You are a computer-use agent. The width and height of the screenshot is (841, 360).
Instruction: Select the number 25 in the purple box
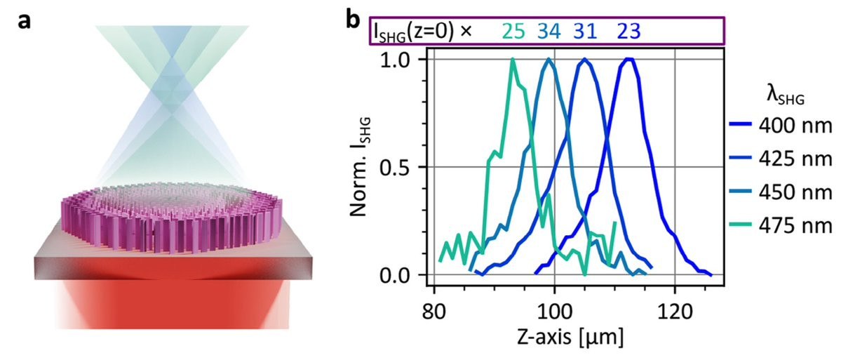click(514, 32)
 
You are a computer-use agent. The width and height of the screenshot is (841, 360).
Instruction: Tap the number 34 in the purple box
click(551, 32)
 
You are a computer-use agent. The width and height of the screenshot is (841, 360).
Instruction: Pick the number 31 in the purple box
click(587, 32)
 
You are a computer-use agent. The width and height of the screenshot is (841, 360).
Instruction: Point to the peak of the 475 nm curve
click(513, 60)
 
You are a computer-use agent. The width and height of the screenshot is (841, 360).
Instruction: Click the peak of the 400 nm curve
click(630, 60)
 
